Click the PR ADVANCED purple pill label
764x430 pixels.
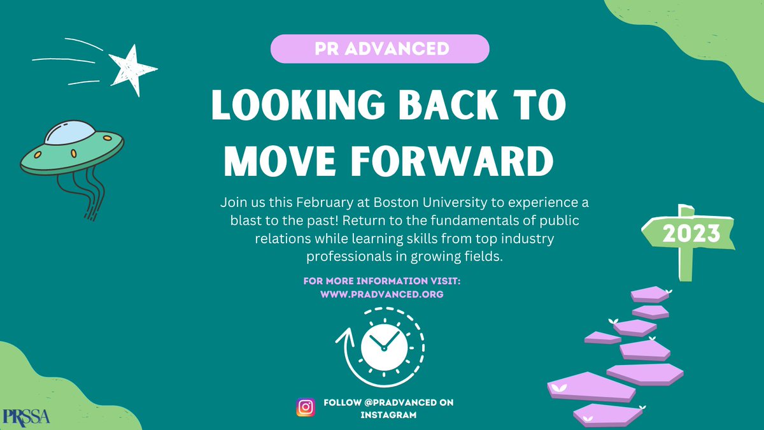click(x=379, y=49)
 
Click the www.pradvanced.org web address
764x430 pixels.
click(x=381, y=294)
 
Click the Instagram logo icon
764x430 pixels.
click(x=306, y=408)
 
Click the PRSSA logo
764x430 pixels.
click(x=25, y=415)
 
